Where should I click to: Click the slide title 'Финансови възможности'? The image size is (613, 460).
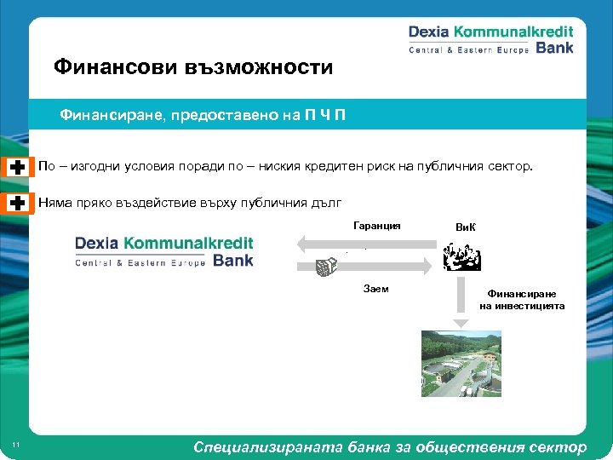point(192,66)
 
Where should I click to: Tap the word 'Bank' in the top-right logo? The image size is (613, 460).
point(554,48)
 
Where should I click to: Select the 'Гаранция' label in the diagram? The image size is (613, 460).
point(377,226)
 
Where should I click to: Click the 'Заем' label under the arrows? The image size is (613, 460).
point(375,289)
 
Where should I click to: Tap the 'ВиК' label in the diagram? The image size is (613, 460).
point(466,227)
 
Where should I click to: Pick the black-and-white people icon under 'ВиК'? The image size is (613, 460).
point(461,256)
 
